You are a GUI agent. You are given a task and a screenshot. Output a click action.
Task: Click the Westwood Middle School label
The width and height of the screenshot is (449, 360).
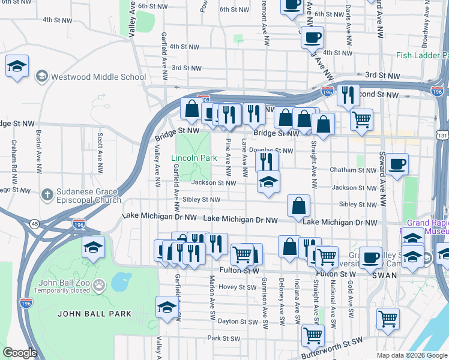(x=98, y=77)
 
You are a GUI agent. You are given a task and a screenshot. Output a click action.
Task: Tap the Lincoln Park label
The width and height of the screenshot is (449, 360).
(x=193, y=158)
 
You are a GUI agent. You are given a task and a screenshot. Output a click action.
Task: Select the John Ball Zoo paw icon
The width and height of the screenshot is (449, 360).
(x=100, y=283)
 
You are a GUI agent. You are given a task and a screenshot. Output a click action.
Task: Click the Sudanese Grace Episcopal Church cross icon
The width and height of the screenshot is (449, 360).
(x=47, y=194)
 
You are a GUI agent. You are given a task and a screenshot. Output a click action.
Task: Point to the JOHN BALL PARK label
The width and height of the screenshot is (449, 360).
(x=94, y=313)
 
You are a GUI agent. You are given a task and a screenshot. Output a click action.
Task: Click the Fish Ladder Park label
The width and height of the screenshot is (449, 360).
(x=422, y=55)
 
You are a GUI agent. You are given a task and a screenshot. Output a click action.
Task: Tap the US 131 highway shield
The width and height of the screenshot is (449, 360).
(x=443, y=136)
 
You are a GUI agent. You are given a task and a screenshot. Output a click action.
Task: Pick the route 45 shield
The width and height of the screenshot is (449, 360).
(x=35, y=224)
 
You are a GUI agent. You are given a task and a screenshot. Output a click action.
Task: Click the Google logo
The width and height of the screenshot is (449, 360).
(x=20, y=353)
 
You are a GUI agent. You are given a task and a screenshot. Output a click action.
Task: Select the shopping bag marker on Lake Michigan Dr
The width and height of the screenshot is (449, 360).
(x=298, y=206)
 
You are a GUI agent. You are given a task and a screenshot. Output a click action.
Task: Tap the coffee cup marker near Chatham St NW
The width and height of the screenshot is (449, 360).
(x=397, y=164)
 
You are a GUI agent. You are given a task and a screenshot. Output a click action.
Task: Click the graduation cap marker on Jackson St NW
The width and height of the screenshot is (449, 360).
(x=268, y=181)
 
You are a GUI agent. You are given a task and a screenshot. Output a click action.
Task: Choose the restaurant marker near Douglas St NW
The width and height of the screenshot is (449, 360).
(x=267, y=161)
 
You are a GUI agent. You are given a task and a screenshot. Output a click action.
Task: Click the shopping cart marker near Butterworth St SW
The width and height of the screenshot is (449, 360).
(x=313, y=335)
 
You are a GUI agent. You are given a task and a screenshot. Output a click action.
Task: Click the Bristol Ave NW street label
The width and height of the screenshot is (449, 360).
(x=38, y=143)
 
